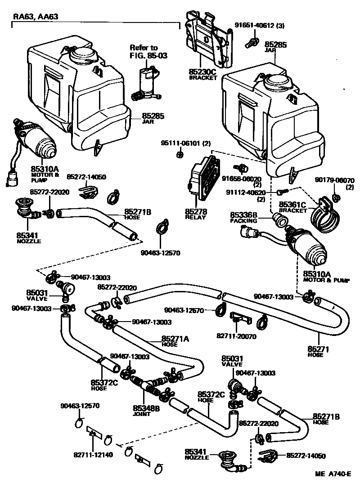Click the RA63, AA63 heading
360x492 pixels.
pos(35,17)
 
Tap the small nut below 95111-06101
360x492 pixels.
pos(179,154)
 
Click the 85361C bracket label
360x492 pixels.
pos(292,206)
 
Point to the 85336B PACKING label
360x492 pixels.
pos(243,218)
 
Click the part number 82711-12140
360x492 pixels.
pos(93,455)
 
